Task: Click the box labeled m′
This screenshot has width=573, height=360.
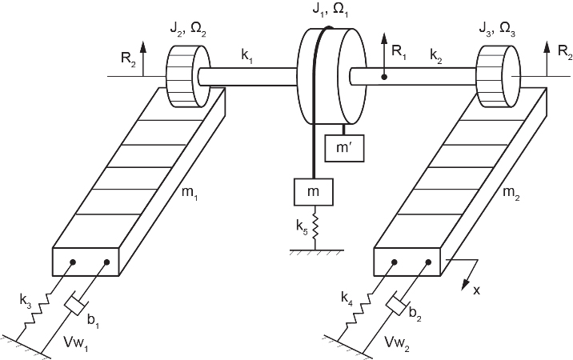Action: pos(344,148)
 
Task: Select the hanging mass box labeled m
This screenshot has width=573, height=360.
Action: pos(314,192)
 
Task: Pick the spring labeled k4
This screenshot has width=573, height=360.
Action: pos(359,308)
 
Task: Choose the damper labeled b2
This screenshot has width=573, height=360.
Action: pos(397,305)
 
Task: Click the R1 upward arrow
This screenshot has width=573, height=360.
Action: pos(384,55)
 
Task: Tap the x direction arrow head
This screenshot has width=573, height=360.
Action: pos(466,283)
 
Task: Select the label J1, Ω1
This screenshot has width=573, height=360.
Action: pos(330,9)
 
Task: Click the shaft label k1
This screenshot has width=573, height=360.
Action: pos(246,57)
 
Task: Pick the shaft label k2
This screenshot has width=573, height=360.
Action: pos(435,57)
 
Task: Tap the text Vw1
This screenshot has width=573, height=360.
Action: pos(76,342)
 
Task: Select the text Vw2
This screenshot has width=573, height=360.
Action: pos(396,342)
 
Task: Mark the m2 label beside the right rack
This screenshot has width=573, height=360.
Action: pos(511,193)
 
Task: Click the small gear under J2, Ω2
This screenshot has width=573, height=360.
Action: pos(189,76)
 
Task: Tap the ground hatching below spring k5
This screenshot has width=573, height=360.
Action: pos(317,252)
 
